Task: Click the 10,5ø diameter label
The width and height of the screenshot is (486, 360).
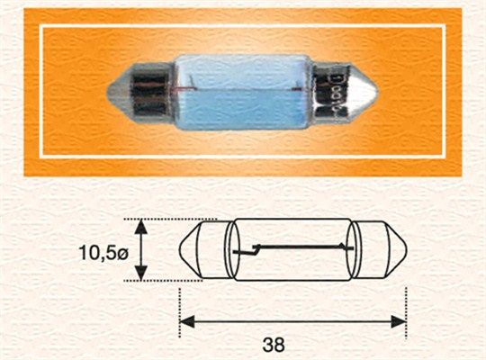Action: [x=103, y=253]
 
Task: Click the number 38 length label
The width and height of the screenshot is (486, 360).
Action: [x=274, y=344]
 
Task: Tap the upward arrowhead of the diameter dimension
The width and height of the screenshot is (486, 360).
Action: [x=141, y=227]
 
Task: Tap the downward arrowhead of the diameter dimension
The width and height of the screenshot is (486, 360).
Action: [x=141, y=273]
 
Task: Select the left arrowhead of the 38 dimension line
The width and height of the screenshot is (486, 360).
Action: [x=187, y=321]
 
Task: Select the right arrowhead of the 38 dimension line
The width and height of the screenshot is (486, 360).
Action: [x=399, y=321]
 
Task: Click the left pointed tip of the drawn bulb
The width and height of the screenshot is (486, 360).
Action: [x=180, y=249]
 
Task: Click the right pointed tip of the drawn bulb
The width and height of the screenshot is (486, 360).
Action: [x=406, y=249]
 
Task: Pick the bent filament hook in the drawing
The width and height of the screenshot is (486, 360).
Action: [x=256, y=250]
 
